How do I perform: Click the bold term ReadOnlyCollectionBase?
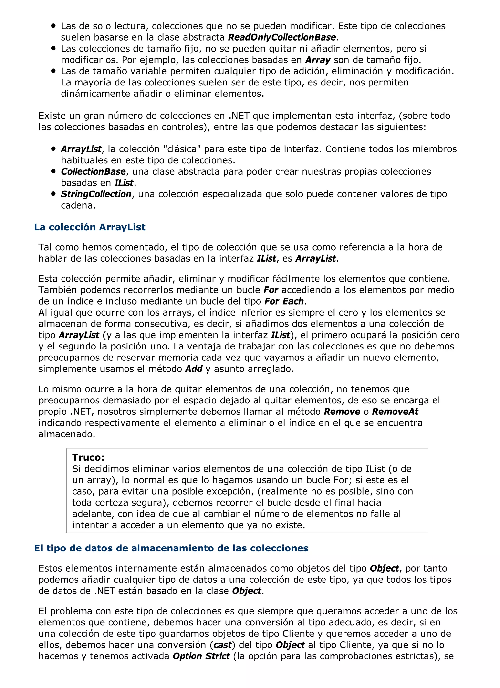282,37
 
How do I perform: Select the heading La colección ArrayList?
90,227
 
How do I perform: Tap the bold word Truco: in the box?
88,457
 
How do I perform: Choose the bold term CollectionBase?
93,172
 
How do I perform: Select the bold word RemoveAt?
395,412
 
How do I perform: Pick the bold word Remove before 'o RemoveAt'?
342,412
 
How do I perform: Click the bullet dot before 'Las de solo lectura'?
54,26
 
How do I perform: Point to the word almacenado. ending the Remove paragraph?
67,434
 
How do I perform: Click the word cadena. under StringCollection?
78,205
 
